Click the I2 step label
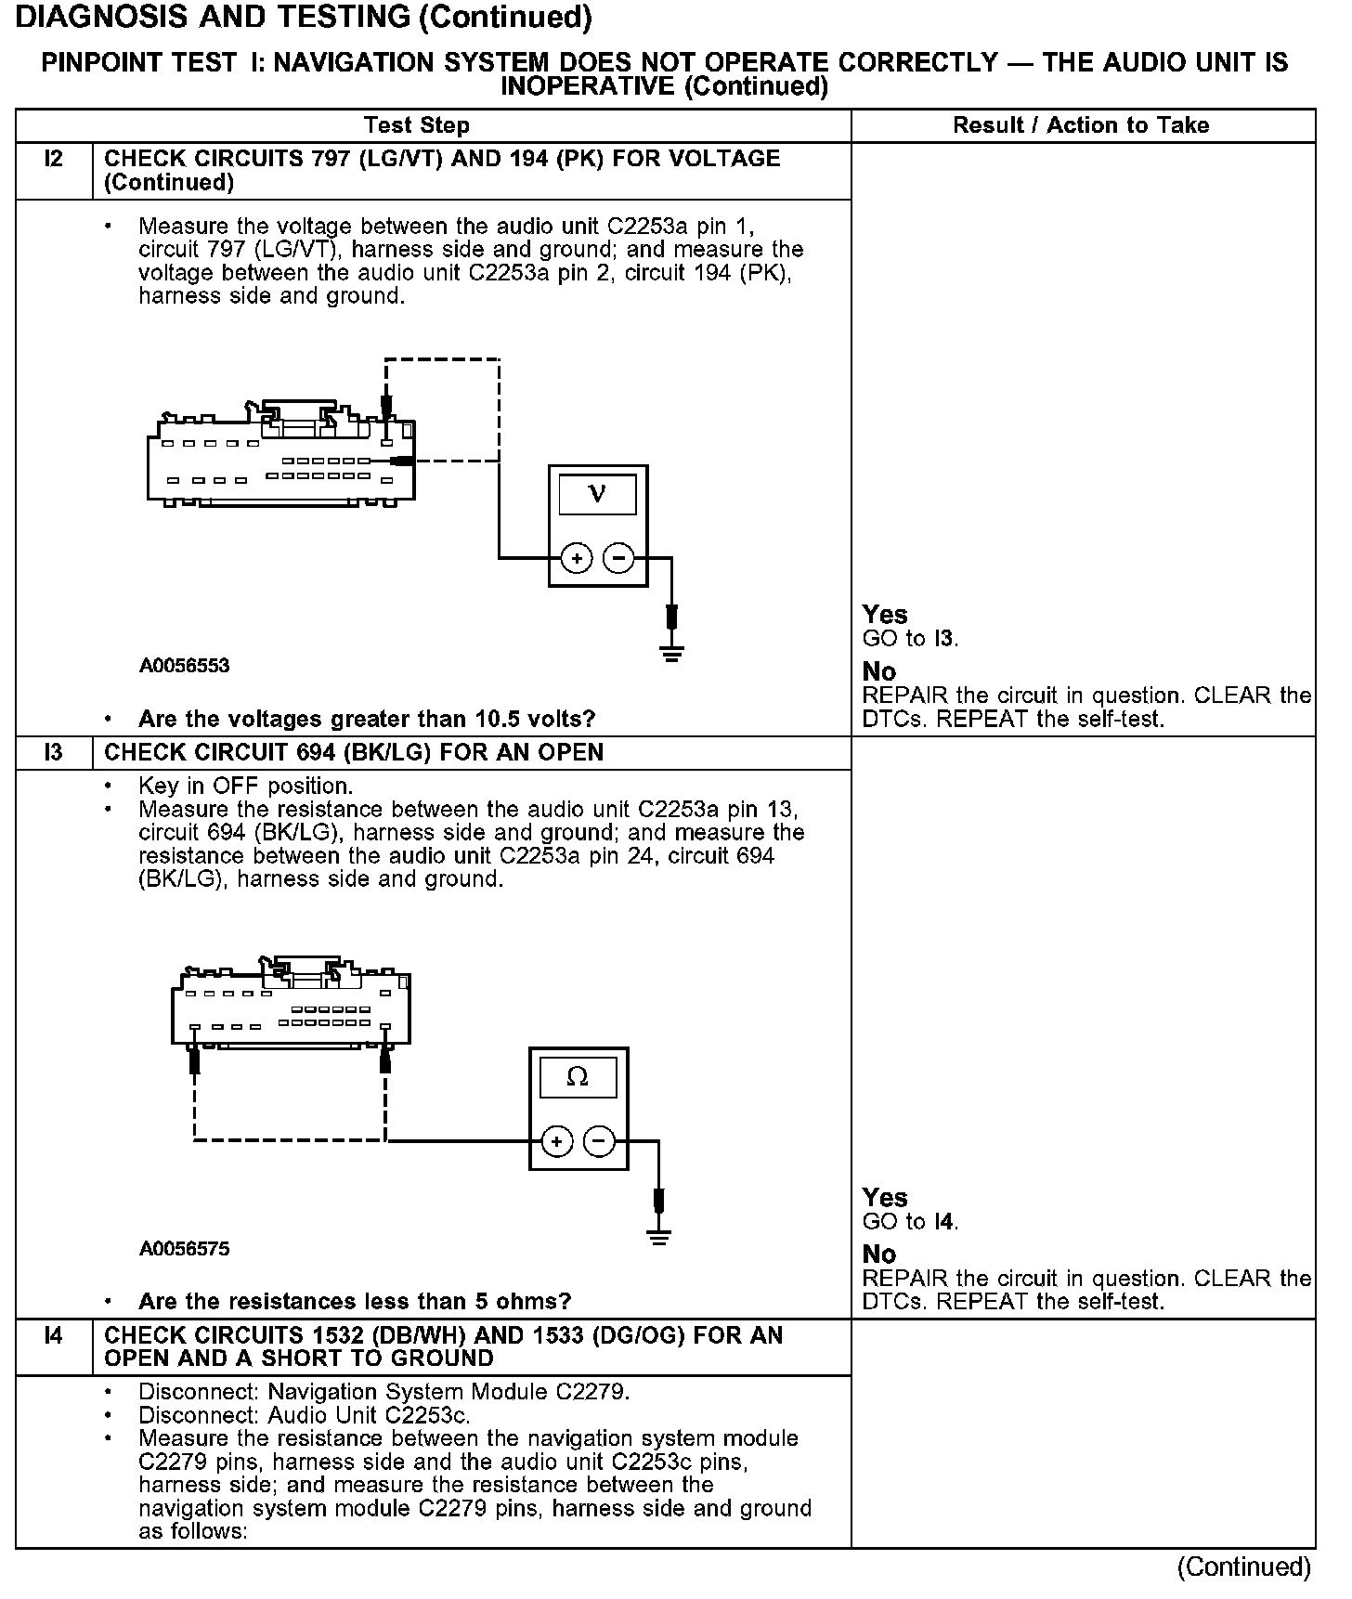tap(54, 159)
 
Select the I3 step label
tap(54, 752)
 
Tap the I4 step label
tap(54, 1335)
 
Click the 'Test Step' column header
tap(417, 125)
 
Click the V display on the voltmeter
tap(597, 494)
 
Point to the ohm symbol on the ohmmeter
tap(578, 1077)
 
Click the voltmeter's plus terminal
tap(577, 558)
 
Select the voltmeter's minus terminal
tap(618, 558)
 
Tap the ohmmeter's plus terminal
tap(556, 1141)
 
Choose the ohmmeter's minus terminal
tap(599, 1141)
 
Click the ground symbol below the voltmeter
tap(672, 653)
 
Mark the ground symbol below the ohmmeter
tap(659, 1236)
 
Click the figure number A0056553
tap(185, 666)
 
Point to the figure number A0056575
tap(185, 1249)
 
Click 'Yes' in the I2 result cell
tap(885, 615)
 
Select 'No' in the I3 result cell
tap(879, 1254)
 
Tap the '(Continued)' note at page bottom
tap(1243, 1567)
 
